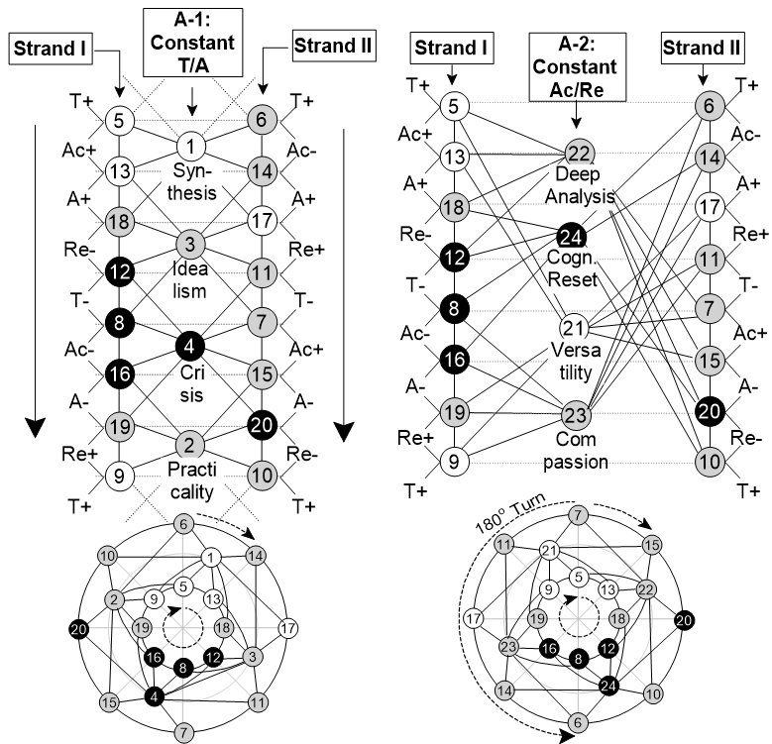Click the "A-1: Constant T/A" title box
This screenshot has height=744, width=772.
[193, 43]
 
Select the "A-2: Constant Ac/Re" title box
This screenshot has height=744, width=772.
[578, 67]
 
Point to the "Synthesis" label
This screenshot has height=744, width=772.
[191, 182]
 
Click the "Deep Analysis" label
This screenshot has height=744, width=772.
[580, 185]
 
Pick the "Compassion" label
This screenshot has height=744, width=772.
[576, 451]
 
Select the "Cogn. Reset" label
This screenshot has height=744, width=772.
[572, 268]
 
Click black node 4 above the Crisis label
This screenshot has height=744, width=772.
[190, 347]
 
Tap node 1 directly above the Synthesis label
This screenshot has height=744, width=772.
[190, 147]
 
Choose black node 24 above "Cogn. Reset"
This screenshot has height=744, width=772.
[571, 237]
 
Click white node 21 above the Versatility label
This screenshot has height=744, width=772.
[574, 328]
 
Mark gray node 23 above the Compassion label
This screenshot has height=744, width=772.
[576, 415]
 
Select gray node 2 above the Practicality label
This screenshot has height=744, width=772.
[189, 446]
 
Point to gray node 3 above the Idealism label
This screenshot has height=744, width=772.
[190, 244]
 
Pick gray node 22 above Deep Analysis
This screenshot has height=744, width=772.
[580, 154]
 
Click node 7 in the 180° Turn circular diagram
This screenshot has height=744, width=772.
[578, 516]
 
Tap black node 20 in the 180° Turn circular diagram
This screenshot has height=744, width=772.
[684, 620]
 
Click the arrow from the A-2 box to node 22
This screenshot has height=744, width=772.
[576, 115]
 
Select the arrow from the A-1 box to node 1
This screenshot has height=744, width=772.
[192, 102]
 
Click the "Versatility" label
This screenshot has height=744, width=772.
[576, 362]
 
